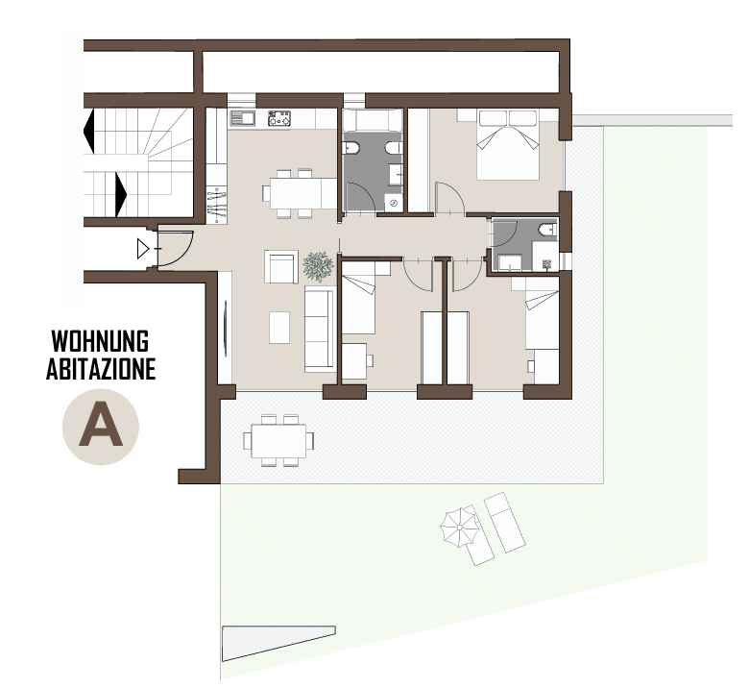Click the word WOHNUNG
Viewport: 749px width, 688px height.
100,341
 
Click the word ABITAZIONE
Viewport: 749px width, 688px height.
101,369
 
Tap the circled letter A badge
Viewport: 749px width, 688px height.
100,427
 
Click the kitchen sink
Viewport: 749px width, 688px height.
243,117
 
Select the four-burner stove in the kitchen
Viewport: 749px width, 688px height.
279,118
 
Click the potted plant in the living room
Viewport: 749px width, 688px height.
318,266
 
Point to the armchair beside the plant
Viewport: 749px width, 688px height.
281,267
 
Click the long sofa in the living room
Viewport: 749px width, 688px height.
320,330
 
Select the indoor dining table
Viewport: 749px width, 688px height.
302,193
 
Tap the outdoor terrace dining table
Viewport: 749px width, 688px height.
279,440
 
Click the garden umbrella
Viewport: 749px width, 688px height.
460,528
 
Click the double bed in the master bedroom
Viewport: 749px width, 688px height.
508,145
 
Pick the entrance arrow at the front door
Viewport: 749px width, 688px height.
143,249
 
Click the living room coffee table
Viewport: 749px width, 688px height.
279,328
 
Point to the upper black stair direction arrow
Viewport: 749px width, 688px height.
89,131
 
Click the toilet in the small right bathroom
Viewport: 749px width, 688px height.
548,230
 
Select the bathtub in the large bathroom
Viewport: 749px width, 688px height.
373,120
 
